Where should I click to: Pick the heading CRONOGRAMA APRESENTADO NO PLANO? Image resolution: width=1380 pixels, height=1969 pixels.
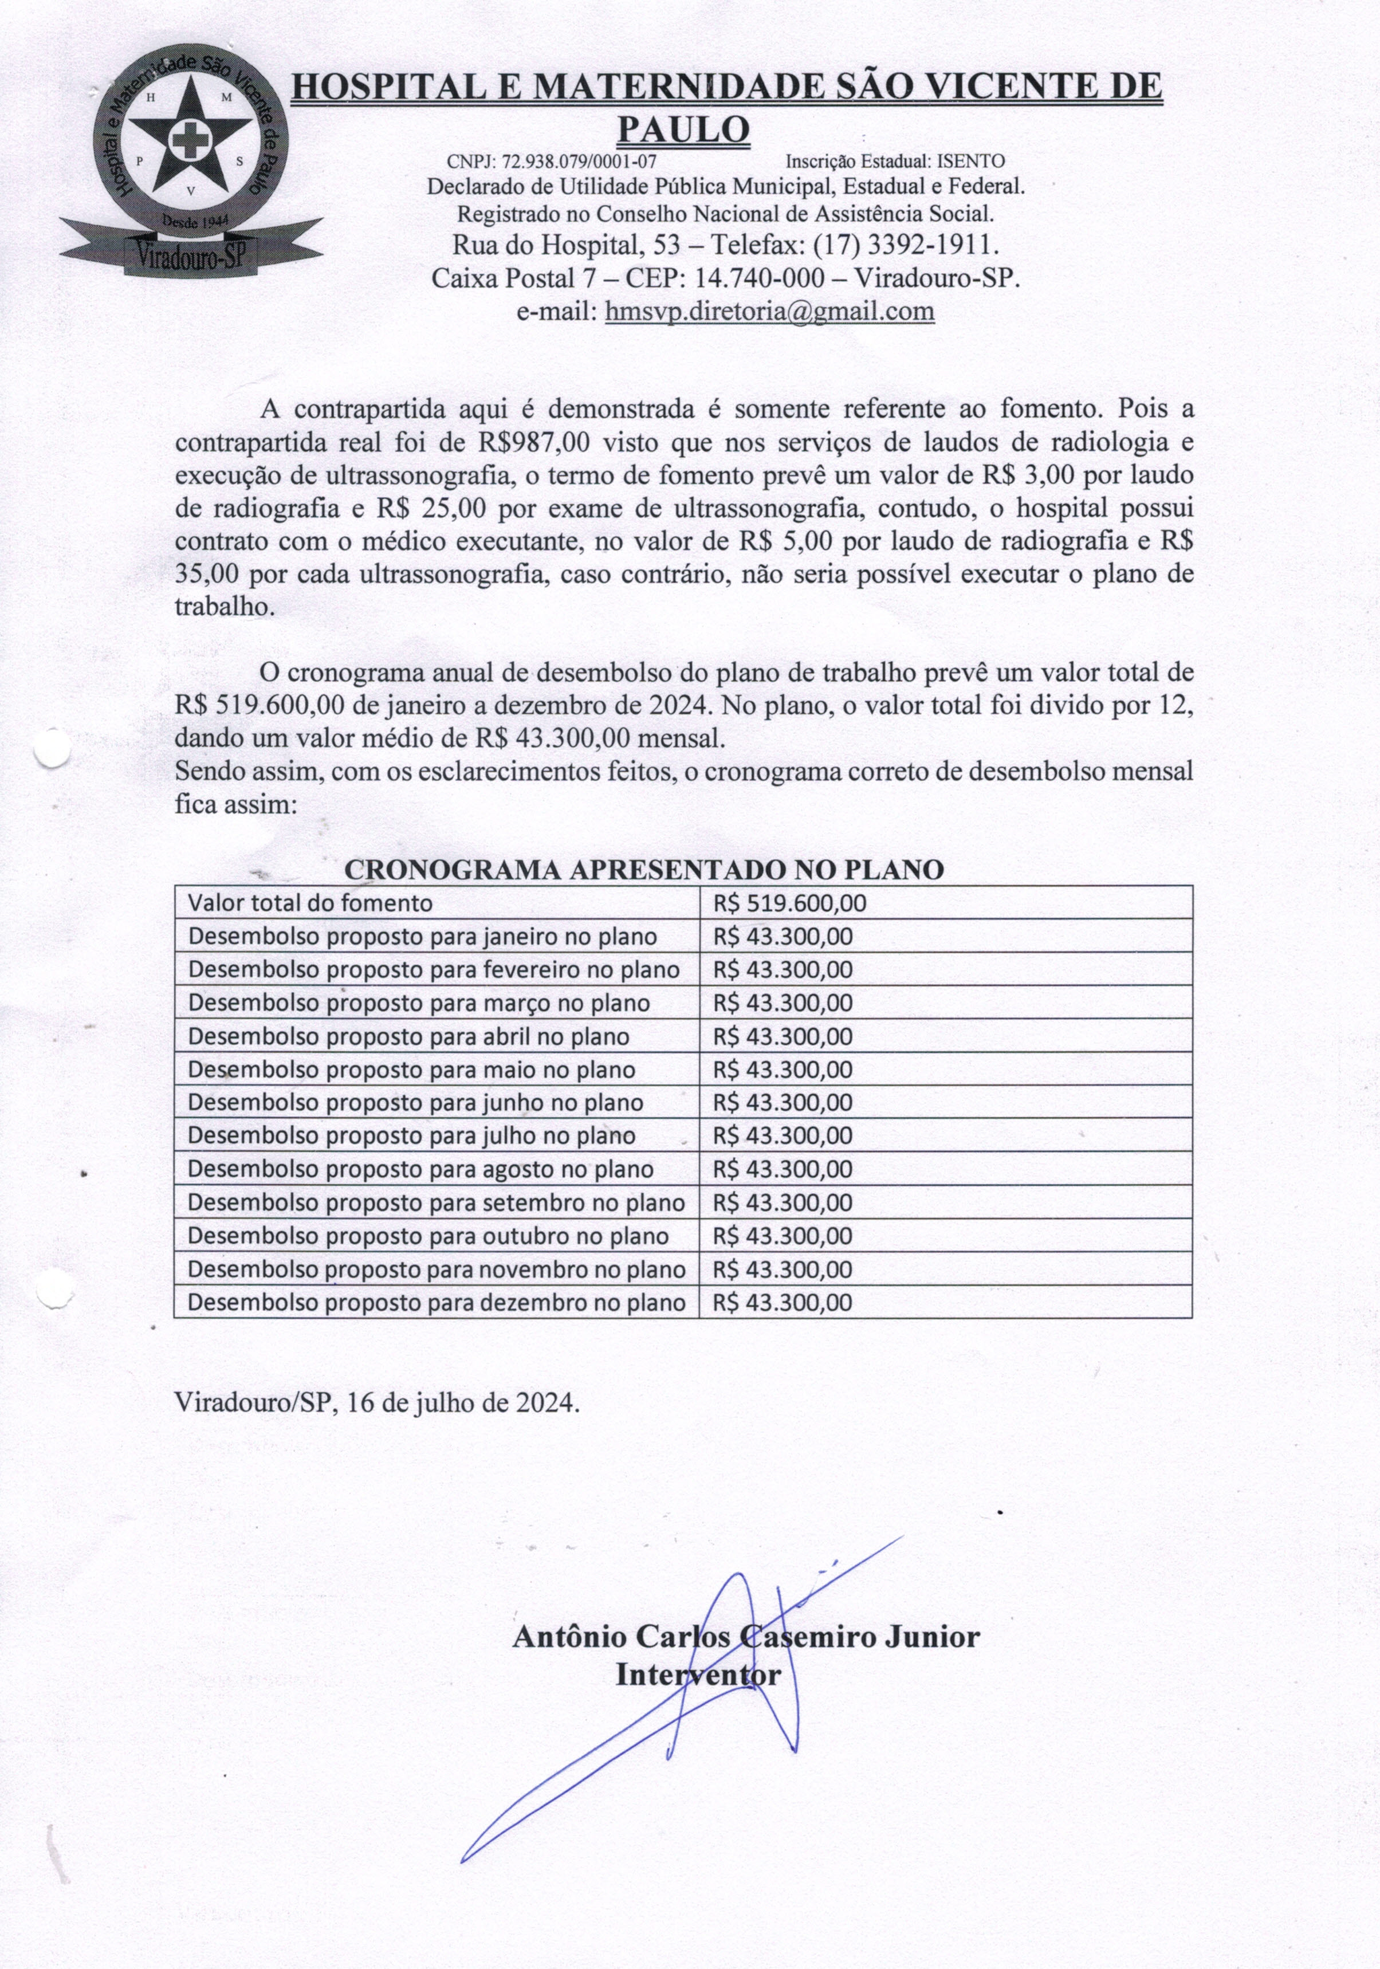[x=643, y=870]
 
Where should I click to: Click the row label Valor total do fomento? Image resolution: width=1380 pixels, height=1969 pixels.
[x=309, y=903]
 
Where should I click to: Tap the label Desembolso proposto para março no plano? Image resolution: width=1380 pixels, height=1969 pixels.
[x=419, y=1003]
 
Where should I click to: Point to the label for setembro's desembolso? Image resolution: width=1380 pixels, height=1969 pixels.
[x=436, y=1202]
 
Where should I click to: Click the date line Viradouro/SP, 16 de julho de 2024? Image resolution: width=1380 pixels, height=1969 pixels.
[x=376, y=1402]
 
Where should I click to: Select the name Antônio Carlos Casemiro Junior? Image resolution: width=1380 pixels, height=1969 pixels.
[x=745, y=1637]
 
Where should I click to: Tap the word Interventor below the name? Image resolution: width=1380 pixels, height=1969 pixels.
[x=698, y=1675]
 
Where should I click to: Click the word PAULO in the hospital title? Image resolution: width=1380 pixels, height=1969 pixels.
[x=683, y=129]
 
